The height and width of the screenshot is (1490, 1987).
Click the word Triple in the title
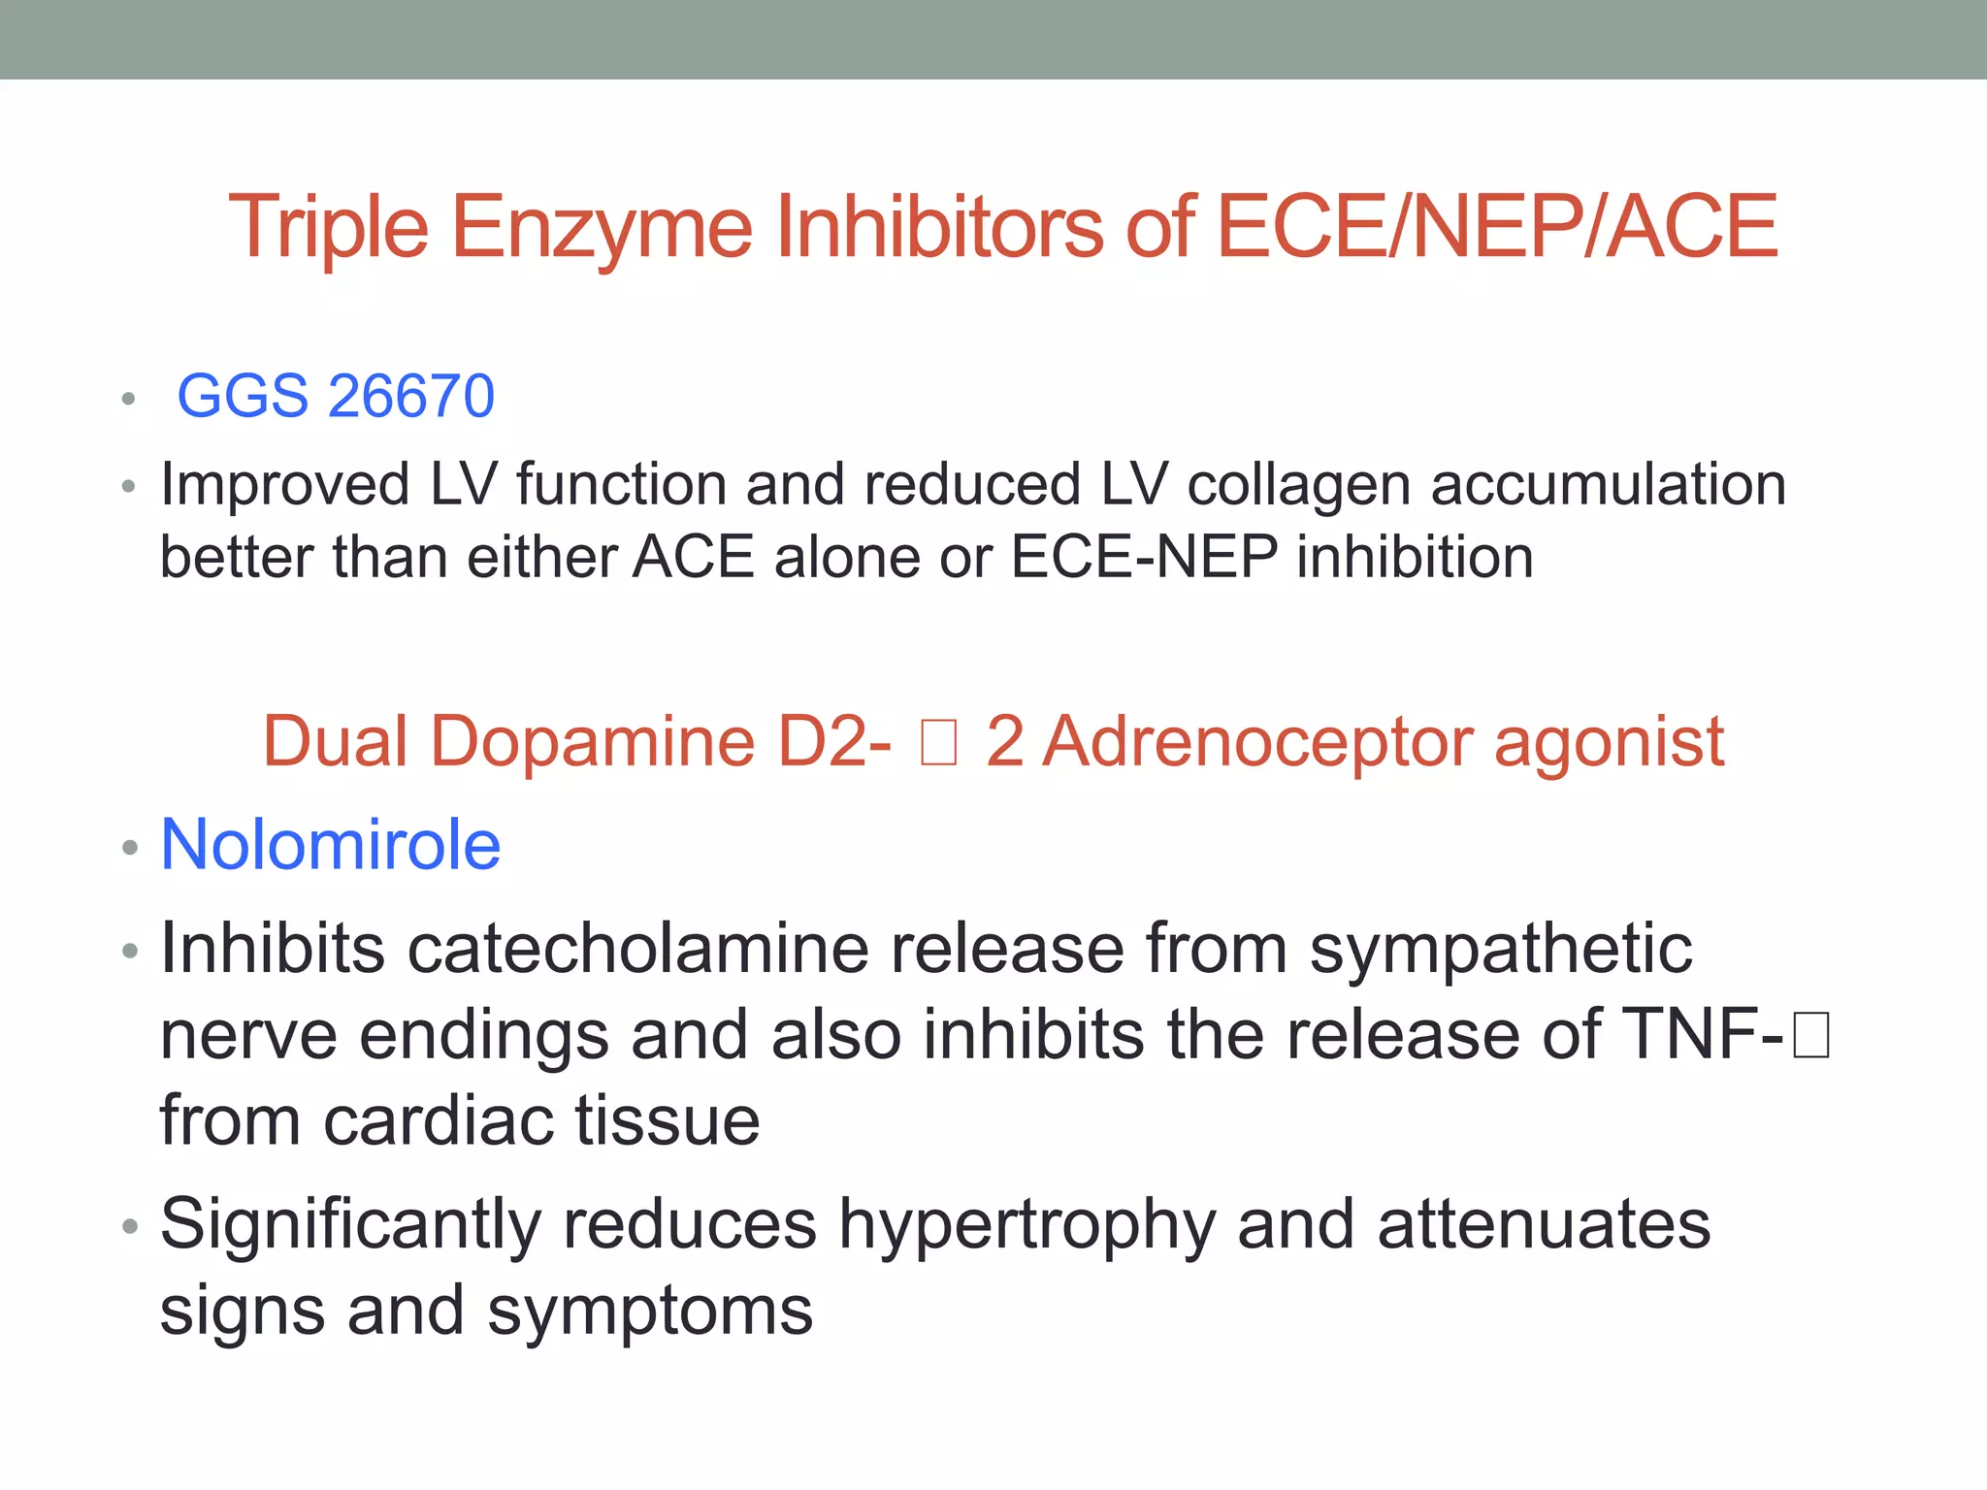[x=328, y=228]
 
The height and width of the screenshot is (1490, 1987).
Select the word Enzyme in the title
[x=602, y=228]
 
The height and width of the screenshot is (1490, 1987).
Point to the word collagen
[x=1298, y=485]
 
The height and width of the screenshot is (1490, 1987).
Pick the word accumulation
[x=1608, y=485]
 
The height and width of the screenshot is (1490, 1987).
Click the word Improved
[x=284, y=485]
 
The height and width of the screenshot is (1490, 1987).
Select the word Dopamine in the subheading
[x=592, y=742]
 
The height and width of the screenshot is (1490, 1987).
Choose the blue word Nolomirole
[x=330, y=845]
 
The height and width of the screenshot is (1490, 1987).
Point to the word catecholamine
[x=637, y=948]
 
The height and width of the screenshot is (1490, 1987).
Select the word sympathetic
[x=1501, y=948]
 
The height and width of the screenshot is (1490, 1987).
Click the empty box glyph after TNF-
[x=1810, y=1034]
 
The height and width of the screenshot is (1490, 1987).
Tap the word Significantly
[x=350, y=1224]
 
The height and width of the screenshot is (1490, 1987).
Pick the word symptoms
[x=650, y=1311]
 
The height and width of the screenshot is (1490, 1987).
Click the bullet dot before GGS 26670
[x=128, y=399]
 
